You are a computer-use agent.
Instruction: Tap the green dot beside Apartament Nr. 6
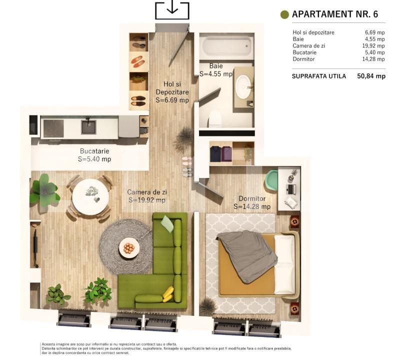(285, 14)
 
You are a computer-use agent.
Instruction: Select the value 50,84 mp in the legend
(371, 76)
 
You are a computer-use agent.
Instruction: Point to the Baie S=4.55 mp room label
(216, 70)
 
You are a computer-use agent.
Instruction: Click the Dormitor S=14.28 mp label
(252, 202)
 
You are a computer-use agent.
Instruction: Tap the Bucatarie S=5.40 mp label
(94, 155)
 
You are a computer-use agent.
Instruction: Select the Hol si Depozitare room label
(171, 92)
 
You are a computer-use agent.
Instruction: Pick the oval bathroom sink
(244, 86)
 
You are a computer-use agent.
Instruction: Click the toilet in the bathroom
(215, 119)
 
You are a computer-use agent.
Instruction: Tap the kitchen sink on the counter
(88, 127)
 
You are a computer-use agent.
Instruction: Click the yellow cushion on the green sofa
(168, 293)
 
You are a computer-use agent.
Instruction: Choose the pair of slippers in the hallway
(186, 166)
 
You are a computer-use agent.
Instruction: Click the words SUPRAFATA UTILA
(319, 76)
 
